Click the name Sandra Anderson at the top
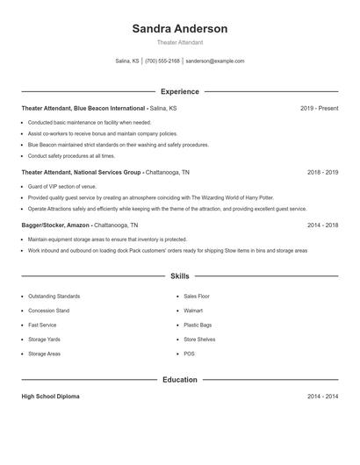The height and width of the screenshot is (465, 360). tap(179, 28)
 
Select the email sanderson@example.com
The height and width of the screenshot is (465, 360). tap(215, 61)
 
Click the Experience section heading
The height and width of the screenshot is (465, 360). tap(179, 91)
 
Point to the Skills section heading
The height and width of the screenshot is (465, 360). tap(179, 275)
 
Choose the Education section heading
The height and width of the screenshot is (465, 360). tap(179, 380)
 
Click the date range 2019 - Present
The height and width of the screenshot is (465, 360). tap(319, 108)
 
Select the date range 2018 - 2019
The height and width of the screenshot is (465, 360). tap(322, 173)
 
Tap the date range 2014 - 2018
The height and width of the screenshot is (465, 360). tap(322, 225)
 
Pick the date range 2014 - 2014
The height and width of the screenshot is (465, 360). tap(322, 397)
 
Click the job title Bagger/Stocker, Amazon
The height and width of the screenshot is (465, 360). tap(61, 225)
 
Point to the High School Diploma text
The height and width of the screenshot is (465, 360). tap(50, 397)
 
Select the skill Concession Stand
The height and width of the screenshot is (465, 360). tap(48, 311)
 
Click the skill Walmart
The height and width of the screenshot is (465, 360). tap(193, 311)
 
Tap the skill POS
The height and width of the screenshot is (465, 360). tap(189, 354)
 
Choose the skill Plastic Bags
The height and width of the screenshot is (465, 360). tap(197, 325)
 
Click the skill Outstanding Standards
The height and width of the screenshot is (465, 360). tap(54, 297)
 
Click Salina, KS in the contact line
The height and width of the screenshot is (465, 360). tap(127, 61)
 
